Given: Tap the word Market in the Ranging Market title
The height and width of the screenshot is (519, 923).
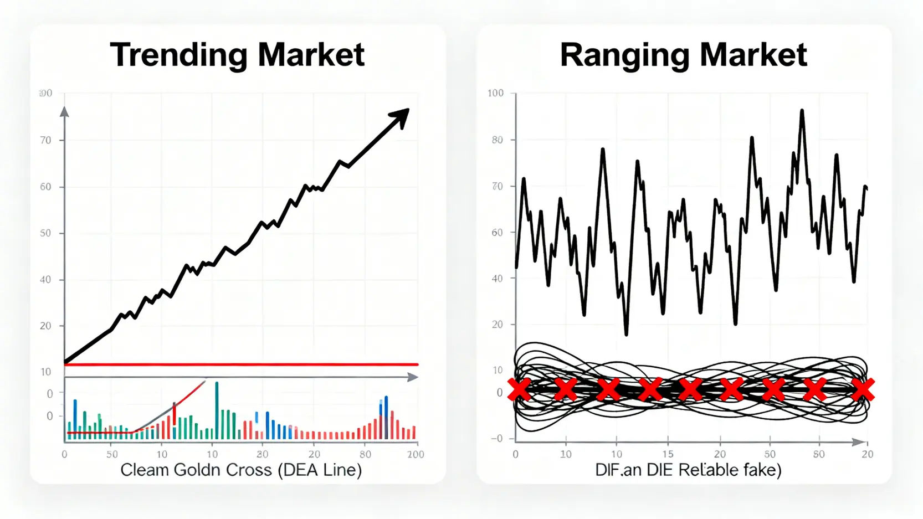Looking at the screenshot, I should coord(753,55).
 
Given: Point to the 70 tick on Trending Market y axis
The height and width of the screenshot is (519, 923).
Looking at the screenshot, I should coord(45,141).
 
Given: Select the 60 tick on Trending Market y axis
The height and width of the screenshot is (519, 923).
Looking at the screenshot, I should coord(45,187).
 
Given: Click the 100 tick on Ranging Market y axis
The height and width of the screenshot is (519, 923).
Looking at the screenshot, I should coord(495,93).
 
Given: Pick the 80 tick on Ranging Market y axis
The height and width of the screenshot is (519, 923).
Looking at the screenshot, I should coord(497,140).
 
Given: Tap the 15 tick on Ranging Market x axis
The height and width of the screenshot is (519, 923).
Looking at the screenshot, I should coord(668,455).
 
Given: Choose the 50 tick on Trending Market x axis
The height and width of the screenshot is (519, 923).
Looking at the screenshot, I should coord(112,455).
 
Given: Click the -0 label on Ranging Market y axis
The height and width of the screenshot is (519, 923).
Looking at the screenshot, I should coord(496,439).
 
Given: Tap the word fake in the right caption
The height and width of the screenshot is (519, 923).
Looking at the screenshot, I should coord(762,470).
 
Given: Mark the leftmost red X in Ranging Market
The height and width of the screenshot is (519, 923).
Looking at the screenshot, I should coord(519,390).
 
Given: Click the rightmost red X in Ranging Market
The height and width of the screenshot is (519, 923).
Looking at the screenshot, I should coord(863,390).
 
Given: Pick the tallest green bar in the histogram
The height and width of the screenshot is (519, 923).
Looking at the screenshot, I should coord(217,410).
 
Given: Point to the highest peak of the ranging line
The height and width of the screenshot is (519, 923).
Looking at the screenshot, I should coord(802,111).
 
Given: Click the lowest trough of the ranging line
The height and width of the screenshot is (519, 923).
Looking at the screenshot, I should coord(626,334).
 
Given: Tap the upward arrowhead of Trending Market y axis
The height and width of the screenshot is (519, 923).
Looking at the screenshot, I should coord(64,112).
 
